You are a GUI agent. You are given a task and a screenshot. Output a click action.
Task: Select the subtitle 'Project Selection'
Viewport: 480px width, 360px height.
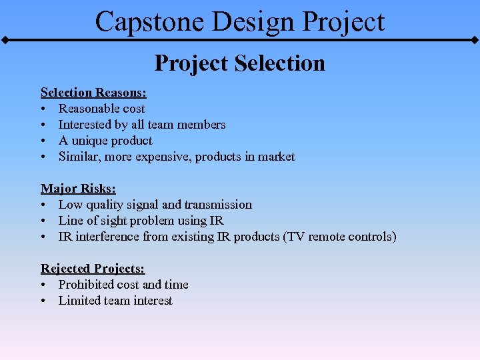240,63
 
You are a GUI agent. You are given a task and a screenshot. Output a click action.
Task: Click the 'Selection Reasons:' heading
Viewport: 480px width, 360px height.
93,92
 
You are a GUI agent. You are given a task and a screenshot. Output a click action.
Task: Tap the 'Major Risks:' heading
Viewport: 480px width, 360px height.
78,189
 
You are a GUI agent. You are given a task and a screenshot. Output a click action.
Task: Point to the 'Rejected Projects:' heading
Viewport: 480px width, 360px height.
93,268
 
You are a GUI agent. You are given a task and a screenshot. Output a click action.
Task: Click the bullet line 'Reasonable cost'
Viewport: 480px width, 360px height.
101,109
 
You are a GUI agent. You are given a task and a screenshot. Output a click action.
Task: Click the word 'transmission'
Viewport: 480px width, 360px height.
218,205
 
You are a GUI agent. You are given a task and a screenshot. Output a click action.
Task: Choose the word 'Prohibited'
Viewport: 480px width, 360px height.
87,285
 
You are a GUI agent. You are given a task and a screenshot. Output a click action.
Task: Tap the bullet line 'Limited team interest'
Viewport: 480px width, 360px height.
115,301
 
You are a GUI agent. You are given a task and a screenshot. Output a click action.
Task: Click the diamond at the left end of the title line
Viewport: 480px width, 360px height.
5,41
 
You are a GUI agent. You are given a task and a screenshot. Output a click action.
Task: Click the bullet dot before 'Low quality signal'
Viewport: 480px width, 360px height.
43,205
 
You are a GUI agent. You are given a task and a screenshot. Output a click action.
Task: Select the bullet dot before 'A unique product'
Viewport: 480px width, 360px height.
43,141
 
